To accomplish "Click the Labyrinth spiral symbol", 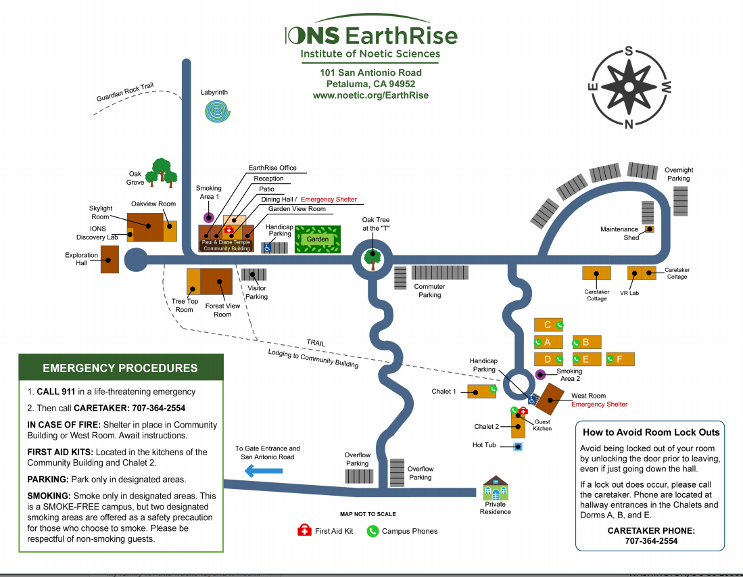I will click(x=217, y=110).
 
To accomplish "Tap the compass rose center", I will click(x=629, y=87).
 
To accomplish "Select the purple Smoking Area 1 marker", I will click(x=208, y=217).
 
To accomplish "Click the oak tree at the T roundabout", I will click(x=372, y=259).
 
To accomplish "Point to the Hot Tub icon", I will click(x=518, y=446).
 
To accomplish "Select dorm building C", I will click(x=548, y=325).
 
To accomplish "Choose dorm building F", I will click(x=620, y=359).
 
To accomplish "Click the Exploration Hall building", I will click(x=110, y=260).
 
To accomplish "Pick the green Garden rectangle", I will click(x=318, y=239).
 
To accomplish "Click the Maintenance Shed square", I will click(x=649, y=229).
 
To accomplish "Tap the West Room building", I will click(x=550, y=399).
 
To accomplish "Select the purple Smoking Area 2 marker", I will click(x=540, y=375).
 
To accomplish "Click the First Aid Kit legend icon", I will click(x=304, y=530).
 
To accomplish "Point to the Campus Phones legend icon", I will click(x=373, y=531).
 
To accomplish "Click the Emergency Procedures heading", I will click(x=120, y=369).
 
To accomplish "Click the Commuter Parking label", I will click(x=429, y=290).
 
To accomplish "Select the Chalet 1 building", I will click(x=482, y=391).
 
